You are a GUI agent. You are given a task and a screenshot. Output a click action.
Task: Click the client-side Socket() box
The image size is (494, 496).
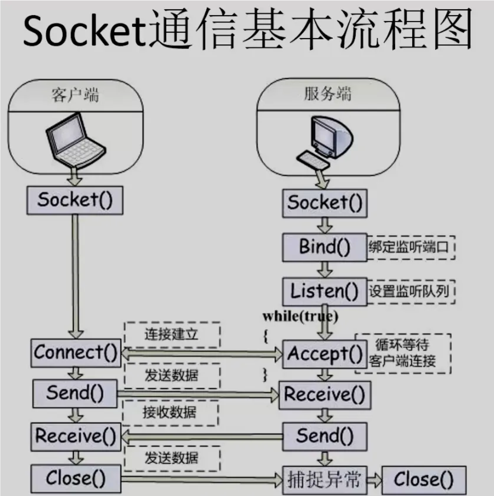(75, 200)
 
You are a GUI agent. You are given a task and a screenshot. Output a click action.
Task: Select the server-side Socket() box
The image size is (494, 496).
(324, 203)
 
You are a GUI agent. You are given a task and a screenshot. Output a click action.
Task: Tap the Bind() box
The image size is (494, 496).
(324, 247)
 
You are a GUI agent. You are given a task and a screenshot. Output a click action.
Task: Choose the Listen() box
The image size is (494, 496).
(324, 292)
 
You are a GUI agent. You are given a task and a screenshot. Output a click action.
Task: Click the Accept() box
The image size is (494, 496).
(324, 354)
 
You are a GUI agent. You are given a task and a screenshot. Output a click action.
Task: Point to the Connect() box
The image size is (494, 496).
(76, 353)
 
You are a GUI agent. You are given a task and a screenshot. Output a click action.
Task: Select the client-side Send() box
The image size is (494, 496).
(75, 393)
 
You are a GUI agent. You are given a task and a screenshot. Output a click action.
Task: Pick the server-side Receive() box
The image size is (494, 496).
(324, 395)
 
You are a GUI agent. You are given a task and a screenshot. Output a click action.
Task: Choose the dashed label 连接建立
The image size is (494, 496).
(172, 334)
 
